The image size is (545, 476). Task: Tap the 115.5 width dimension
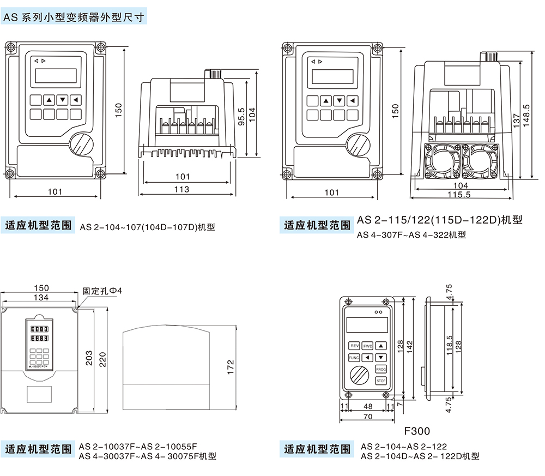tap(459, 195)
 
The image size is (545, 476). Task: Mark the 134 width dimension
tap(41, 297)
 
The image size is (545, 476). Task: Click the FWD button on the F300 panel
tap(368, 346)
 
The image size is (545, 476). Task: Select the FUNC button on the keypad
tap(354, 358)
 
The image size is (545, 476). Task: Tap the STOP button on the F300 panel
tap(381, 381)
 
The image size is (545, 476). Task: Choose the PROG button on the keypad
tap(381, 369)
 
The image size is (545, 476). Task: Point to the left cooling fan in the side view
tap(441, 161)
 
